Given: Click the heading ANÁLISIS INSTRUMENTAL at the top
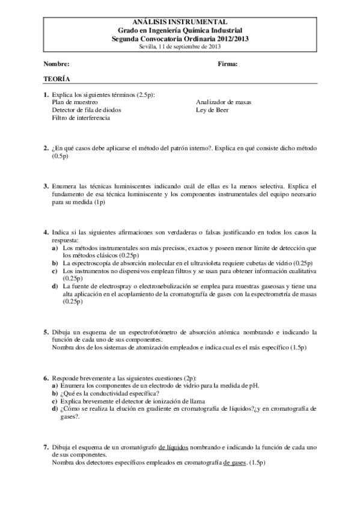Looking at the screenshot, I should tap(181, 21).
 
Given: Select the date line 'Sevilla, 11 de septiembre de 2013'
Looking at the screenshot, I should tap(181, 46).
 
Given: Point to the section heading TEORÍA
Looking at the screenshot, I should tap(56, 79).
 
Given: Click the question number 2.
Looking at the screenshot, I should tap(46, 147).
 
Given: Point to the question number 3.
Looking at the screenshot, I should tap(46, 187).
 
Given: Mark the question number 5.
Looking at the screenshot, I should tap(46, 332).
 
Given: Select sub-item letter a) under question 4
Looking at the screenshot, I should tap(55, 247).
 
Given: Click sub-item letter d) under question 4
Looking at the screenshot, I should tap(55, 286).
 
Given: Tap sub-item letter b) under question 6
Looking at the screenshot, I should tap(55, 393).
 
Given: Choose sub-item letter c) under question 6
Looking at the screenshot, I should tap(55, 401).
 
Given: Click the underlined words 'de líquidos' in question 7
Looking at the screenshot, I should tap(174, 447).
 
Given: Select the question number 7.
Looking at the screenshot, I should tap(46, 447).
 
